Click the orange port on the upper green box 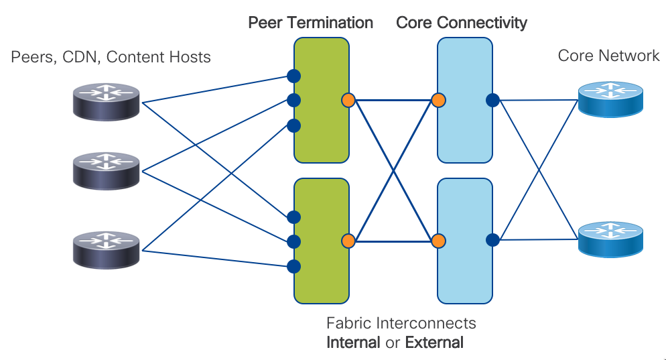[x=348, y=101]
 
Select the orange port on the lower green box [x=348, y=240]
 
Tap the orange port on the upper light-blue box [x=438, y=101]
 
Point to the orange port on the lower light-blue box [x=438, y=240]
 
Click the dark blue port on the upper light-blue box [x=492, y=101]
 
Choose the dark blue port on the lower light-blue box [x=492, y=239]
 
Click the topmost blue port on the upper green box [x=293, y=75]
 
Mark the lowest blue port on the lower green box [x=293, y=266]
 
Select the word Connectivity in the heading [x=482, y=23]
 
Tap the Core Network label [x=608, y=56]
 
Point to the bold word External [x=434, y=343]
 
